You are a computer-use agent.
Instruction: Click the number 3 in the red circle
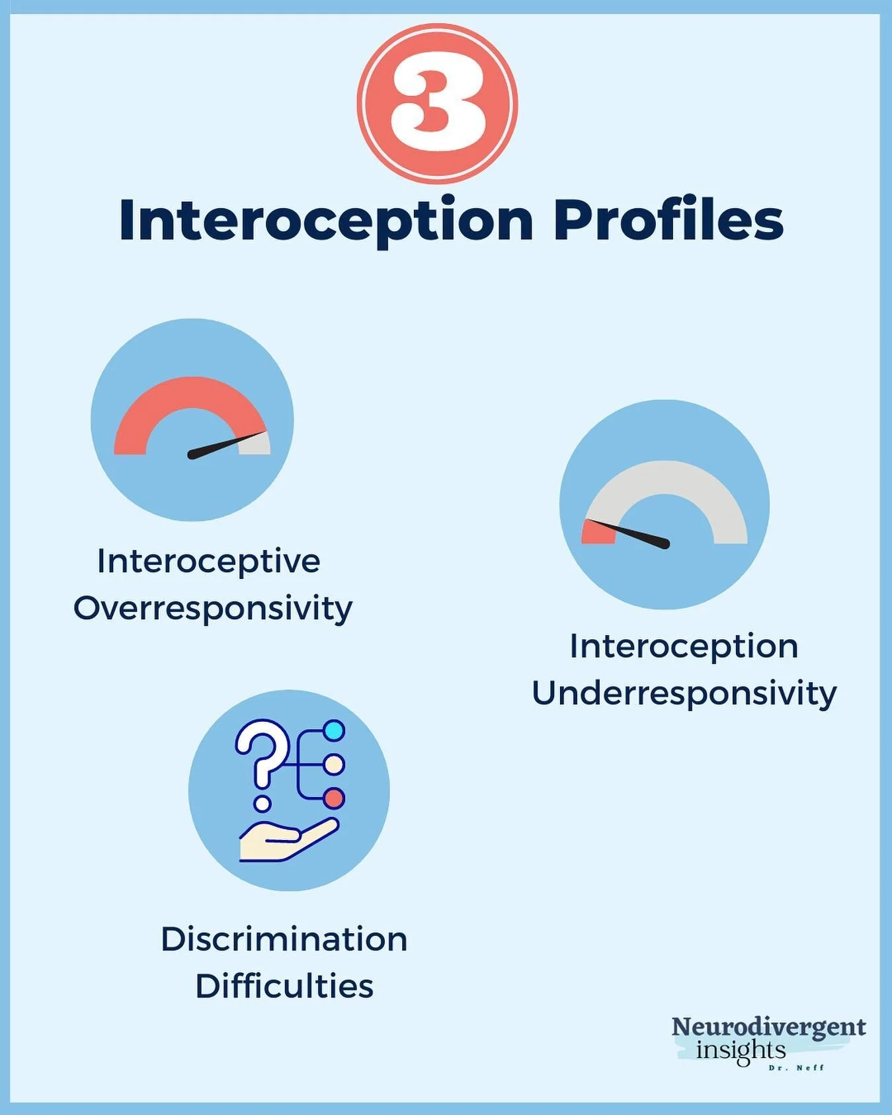(437, 103)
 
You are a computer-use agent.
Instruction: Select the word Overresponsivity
(213, 609)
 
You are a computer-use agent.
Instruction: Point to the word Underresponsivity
(684, 694)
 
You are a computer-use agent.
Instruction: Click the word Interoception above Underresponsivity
(684, 646)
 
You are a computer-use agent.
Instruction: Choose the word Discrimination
(284, 939)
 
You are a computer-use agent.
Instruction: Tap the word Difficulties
(284, 986)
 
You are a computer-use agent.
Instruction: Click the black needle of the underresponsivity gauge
(635, 534)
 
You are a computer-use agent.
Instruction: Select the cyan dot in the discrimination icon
(335, 731)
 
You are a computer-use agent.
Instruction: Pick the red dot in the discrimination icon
(335, 798)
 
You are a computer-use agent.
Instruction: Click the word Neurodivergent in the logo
(768, 1027)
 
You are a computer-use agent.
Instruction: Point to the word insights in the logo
(741, 1050)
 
